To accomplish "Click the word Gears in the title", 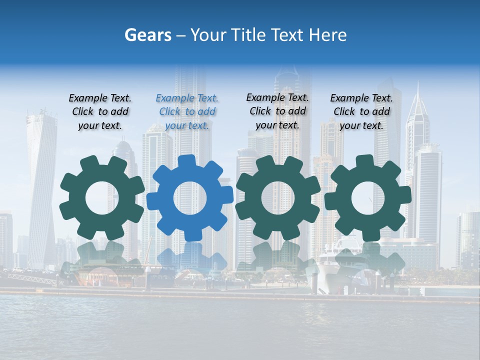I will coord(147,35).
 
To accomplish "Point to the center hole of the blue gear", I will coord(189,198).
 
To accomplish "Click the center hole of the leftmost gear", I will coord(101,198).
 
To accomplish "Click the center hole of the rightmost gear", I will coord(367,198).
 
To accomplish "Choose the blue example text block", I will coord(187,111).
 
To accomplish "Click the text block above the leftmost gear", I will coord(100,111).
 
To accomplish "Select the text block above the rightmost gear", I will coord(361,111).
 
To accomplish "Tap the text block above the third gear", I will coord(277,111).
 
